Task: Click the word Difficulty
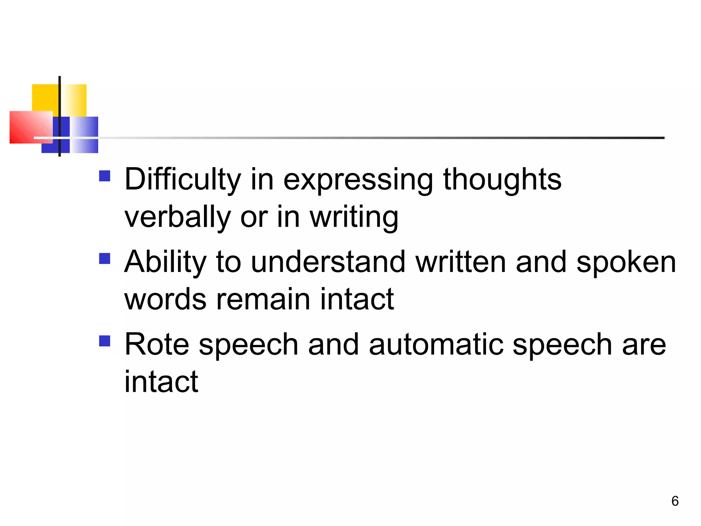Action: [x=183, y=179]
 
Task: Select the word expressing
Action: [x=358, y=180]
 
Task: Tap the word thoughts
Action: [x=502, y=179]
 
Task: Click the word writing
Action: [x=354, y=218]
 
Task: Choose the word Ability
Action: [x=165, y=262]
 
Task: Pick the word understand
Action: [x=328, y=262]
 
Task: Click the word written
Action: [x=461, y=262]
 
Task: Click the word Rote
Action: [x=156, y=345]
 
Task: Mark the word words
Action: [x=165, y=300]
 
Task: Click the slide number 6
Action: [x=675, y=501]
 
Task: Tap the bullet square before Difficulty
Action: [x=105, y=176]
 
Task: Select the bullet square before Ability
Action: [x=105, y=259]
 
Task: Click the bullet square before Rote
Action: [x=105, y=341]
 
